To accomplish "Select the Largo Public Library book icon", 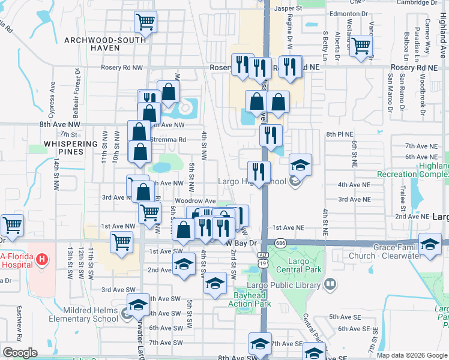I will (330, 284).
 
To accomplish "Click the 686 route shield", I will (280, 242).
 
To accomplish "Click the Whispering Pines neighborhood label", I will (70, 148).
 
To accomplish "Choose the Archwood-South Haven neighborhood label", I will (106, 44).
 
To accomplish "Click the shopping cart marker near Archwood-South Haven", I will (146, 23).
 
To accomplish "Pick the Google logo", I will (20, 353).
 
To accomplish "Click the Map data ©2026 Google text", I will (411, 355).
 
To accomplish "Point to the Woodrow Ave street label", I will (195, 201).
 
